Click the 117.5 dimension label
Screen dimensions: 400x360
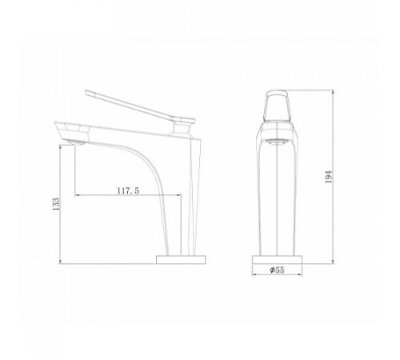128,190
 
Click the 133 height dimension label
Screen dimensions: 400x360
56,204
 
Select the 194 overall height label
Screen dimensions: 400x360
329,177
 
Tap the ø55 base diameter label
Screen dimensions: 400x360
277,270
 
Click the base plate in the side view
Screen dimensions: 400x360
181,259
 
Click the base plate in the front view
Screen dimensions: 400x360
277,259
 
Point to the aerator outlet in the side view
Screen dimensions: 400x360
75,142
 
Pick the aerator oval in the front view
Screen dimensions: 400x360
277,142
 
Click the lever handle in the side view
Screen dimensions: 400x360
140,106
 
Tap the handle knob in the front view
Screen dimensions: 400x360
277,106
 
